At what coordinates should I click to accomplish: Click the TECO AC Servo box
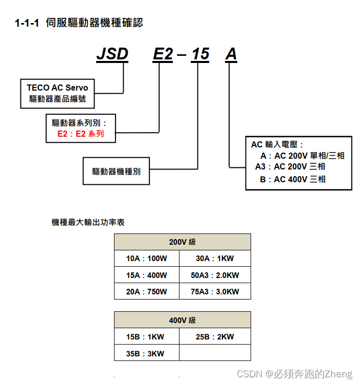[57, 93]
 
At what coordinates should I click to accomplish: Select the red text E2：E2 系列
[81, 134]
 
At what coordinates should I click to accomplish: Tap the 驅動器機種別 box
[116, 172]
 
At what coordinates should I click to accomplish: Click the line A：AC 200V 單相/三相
[302, 156]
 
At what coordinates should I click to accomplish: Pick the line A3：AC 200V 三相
[290, 166]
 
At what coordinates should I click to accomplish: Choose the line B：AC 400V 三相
[292, 179]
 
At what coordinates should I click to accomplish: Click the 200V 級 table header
[182, 242]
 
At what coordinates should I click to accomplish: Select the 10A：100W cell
[147, 259]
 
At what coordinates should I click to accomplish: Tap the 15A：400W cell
[147, 275]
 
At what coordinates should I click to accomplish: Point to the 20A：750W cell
[147, 291]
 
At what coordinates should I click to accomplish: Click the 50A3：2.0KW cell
[215, 275]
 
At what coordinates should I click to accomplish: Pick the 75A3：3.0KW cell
[215, 291]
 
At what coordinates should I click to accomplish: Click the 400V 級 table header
[182, 320]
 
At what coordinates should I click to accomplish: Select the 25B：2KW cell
[215, 336]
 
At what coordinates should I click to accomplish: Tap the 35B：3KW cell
[147, 353]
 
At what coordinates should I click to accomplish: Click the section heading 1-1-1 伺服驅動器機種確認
[79, 23]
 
